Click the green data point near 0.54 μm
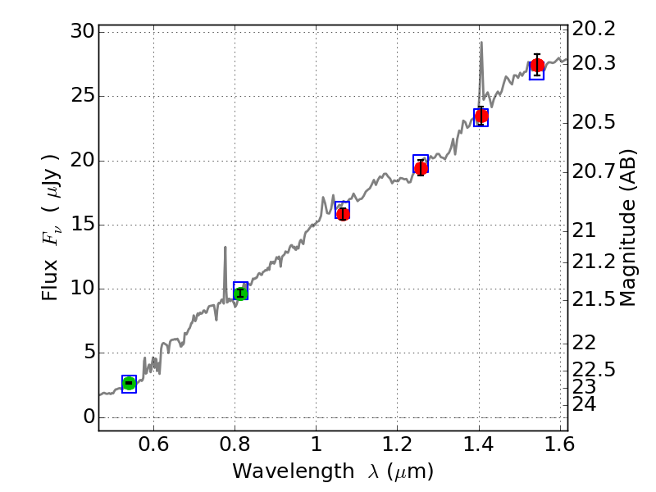click(129, 383)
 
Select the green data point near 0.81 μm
click(240, 293)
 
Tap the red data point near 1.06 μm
click(343, 213)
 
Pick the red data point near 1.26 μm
click(421, 168)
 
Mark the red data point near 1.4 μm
click(481, 116)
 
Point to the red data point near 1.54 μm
click(537, 66)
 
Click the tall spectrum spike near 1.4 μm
click(481, 43)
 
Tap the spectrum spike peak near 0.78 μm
click(225, 247)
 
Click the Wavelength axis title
click(332, 471)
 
